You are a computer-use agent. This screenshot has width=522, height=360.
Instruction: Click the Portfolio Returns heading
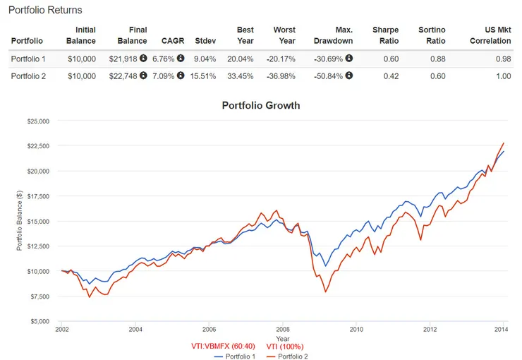45,11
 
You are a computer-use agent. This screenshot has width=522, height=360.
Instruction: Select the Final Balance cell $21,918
125,59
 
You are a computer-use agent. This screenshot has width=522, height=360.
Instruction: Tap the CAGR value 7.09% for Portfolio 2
163,76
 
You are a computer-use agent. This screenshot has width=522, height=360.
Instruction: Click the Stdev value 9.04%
205,59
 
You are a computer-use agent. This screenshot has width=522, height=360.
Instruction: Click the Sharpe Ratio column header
385,35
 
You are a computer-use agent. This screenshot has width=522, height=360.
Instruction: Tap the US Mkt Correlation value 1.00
503,76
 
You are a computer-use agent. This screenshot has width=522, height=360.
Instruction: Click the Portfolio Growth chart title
261,106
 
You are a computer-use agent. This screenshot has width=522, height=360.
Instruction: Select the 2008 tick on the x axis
283,329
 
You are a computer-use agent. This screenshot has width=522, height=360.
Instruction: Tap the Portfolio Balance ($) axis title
20,221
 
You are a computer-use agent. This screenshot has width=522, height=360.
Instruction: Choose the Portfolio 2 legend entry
287,356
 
